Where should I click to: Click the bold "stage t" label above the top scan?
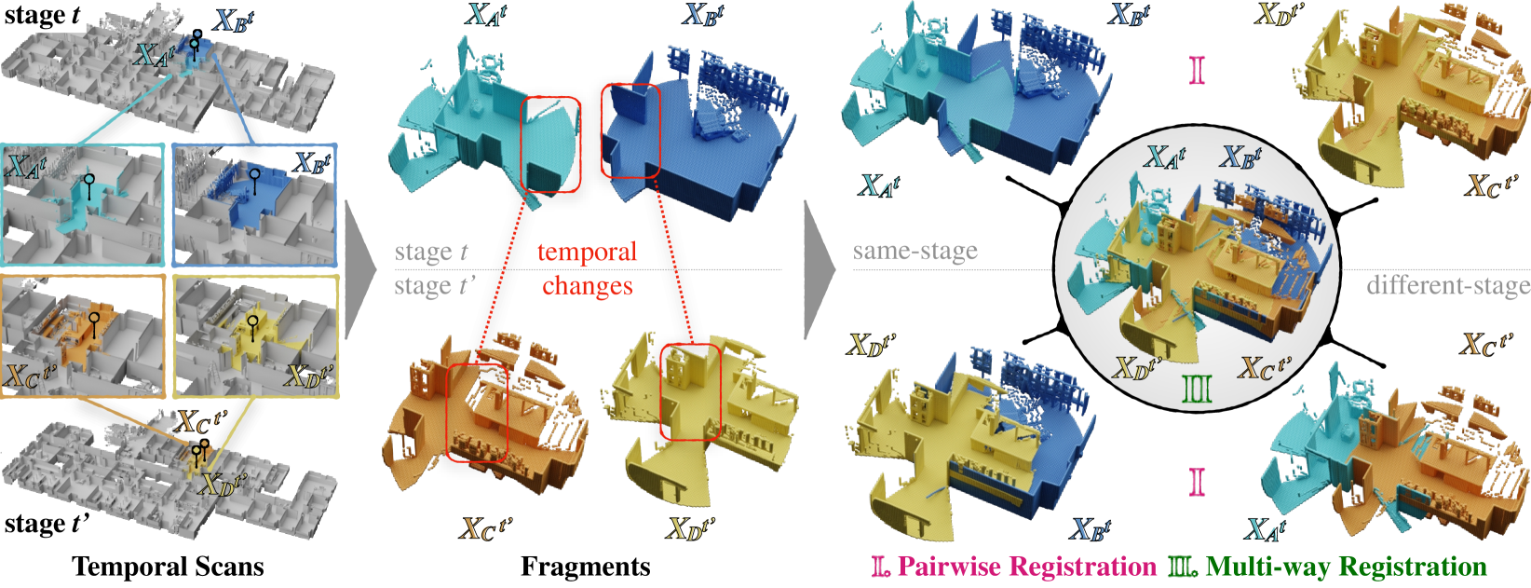42,16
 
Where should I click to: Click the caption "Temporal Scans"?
168,567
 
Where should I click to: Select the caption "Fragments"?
585,567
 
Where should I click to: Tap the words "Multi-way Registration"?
1346,567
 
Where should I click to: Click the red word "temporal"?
587,252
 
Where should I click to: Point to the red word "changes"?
588,285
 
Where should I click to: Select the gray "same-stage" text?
915,251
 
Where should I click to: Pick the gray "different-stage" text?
1447,285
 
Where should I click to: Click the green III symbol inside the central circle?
1197,388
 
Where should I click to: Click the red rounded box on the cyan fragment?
550,144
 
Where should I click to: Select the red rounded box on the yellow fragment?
690,391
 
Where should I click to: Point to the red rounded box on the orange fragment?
477,412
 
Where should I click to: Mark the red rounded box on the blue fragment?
630,130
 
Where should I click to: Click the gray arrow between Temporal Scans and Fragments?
359,270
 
